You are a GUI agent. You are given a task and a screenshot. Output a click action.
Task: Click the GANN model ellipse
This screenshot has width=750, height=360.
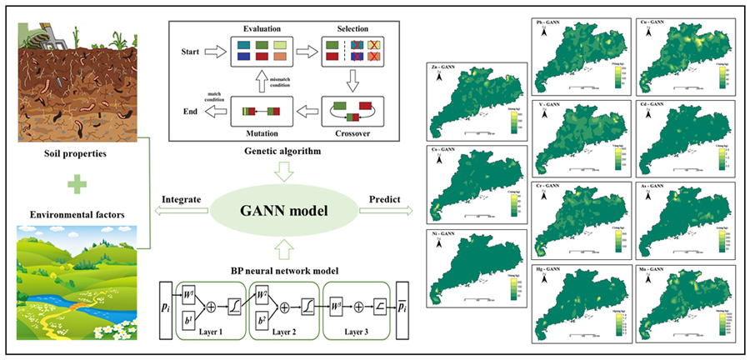click(x=283, y=209)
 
